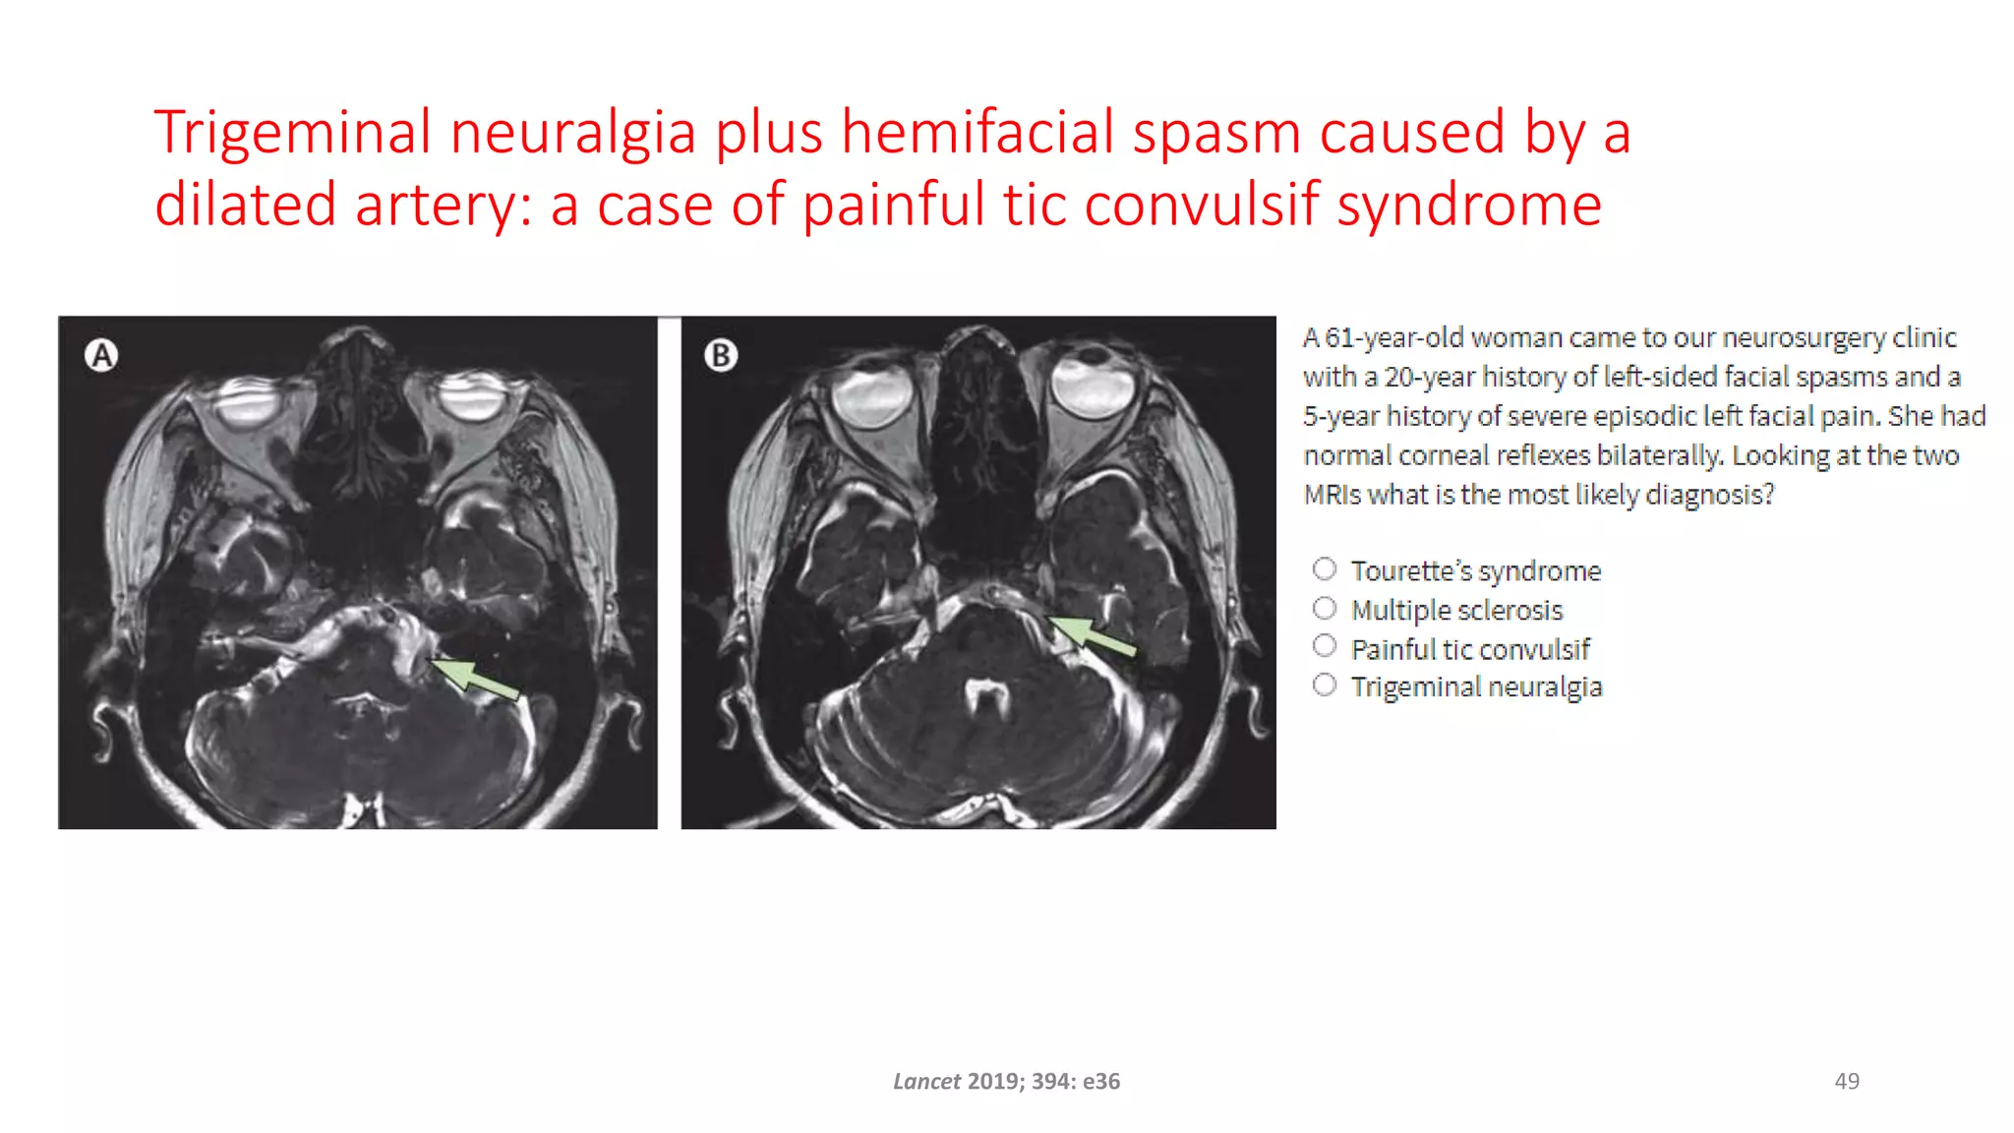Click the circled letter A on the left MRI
tap(101, 355)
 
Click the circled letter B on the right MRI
tap(721, 355)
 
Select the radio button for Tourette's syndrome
tap(1325, 569)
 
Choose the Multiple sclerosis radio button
tap(1325, 609)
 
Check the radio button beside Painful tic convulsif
tap(1325, 646)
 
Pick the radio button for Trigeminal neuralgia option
tap(1325, 685)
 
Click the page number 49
tap(1847, 1081)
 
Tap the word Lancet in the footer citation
tap(926, 1082)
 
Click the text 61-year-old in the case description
tap(1393, 337)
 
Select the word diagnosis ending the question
tap(1709, 495)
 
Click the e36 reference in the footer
tap(1101, 1082)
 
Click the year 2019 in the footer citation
tap(993, 1082)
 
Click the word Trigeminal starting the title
tap(292, 133)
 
